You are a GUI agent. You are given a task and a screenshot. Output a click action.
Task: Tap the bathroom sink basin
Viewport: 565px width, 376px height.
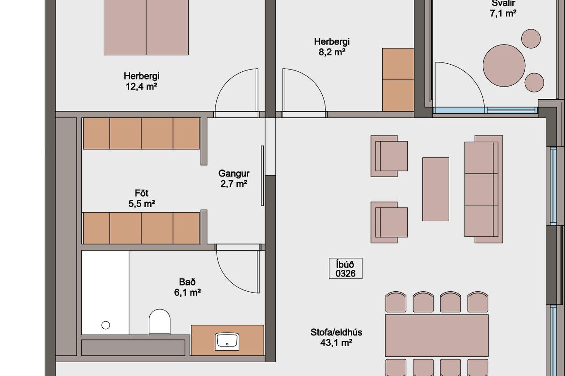227,341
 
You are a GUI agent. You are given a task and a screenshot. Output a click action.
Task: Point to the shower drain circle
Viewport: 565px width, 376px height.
106,325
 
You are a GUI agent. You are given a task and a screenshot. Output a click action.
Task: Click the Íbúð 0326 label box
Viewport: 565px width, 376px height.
345,268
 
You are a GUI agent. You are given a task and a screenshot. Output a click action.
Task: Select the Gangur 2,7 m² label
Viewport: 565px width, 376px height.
234,179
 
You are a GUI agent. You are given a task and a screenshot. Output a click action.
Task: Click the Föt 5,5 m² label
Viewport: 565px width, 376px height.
142,198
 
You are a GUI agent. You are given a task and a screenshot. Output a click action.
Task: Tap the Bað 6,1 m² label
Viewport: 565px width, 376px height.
187,287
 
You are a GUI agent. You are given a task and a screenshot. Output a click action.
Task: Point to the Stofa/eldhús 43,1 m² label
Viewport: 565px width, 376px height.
336,338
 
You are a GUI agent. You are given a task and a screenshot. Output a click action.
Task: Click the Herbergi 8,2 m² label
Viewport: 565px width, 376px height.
332,47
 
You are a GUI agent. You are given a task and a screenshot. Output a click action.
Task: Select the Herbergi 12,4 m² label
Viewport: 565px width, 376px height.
142,81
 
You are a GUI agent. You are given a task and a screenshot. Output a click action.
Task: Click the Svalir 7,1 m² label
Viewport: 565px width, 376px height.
503,8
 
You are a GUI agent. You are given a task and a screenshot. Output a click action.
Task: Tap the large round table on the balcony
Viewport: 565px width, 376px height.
504,66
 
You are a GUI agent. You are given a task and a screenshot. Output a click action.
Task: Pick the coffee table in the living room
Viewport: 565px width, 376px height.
436,189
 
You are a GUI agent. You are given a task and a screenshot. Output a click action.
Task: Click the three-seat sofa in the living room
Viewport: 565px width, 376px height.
483,189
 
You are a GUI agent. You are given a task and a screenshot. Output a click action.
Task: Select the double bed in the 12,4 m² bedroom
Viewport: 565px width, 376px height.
146,27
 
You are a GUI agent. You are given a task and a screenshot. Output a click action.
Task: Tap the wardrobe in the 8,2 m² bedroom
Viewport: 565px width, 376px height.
398,80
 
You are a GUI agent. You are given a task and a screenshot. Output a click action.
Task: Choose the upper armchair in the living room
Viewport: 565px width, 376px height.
389,156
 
